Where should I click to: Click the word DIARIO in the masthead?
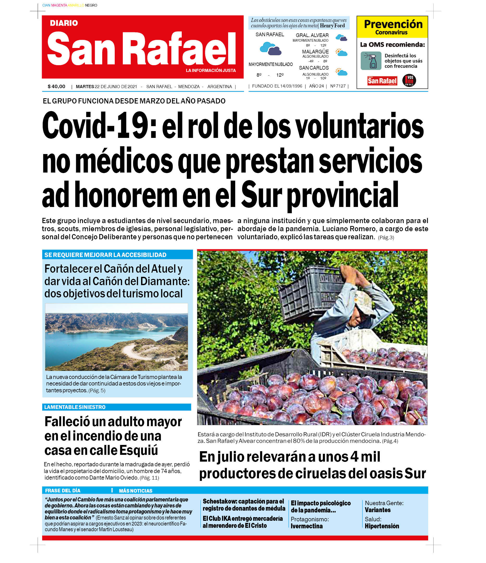[64, 23]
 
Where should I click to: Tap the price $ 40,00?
[57, 87]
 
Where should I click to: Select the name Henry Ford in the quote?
[332, 26]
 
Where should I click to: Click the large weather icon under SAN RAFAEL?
[270, 49]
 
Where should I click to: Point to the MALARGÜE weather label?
[315, 52]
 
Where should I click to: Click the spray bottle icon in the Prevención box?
[371, 61]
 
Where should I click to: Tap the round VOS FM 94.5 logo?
[409, 81]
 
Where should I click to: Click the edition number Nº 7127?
[338, 86]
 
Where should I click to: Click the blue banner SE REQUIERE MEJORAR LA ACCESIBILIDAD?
[105, 255]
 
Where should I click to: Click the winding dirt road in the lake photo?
[133, 351]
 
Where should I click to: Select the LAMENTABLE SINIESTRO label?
[75, 407]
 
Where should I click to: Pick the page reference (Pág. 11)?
[149, 478]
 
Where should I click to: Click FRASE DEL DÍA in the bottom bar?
[63, 491]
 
